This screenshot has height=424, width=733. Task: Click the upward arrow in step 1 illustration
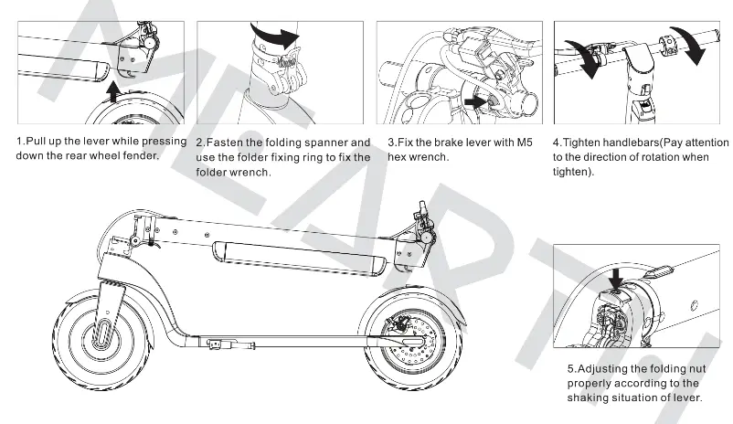[x=112, y=90]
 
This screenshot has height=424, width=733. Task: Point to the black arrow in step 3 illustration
[x=476, y=102]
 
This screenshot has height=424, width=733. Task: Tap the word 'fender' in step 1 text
[x=138, y=155]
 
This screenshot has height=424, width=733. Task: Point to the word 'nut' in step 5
[x=685, y=369]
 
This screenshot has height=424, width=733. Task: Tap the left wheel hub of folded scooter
[x=103, y=334]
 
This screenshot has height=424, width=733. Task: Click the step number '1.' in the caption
[x=21, y=143]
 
